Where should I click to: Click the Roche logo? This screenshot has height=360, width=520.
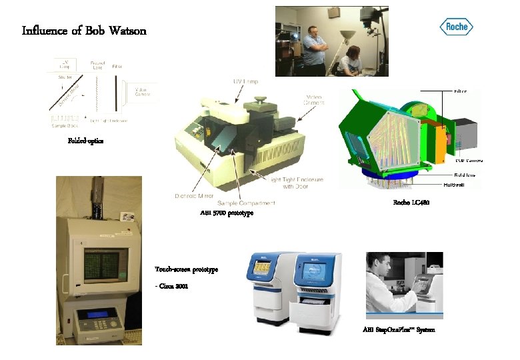coord(457,27)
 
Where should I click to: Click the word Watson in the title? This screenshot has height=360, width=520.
coord(126,31)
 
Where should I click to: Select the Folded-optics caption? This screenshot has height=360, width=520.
coord(85,141)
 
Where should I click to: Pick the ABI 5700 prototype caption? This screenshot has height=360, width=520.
coord(226,213)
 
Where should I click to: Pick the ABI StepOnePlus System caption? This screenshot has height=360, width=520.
coord(399,330)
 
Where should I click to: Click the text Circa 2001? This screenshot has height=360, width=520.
coord(175,286)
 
